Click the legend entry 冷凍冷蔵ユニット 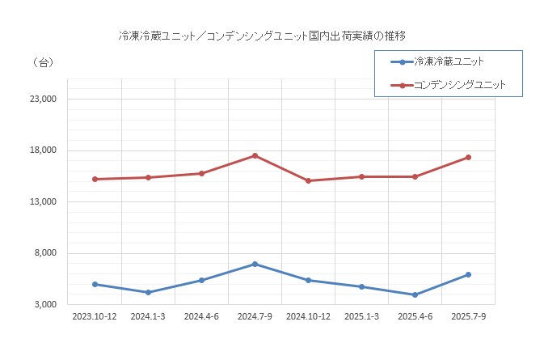[x=448, y=61]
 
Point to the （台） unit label [x=40, y=63]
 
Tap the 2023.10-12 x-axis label [x=95, y=317]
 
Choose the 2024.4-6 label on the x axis [x=201, y=317]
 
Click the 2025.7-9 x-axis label [x=468, y=317]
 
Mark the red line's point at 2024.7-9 [x=255, y=155]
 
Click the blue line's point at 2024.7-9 [x=255, y=264]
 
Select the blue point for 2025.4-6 [x=415, y=294]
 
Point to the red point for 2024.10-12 [x=308, y=180]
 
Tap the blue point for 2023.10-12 [x=95, y=284]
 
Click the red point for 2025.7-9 [x=468, y=157]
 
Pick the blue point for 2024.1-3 [x=148, y=292]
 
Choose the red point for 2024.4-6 [x=201, y=173]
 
